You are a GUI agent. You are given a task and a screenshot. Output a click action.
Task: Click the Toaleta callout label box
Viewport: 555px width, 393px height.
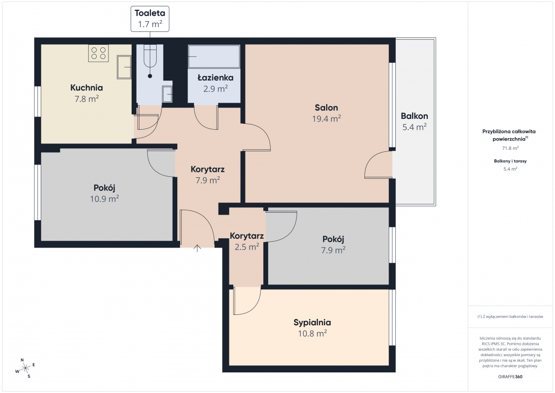(x=150, y=19)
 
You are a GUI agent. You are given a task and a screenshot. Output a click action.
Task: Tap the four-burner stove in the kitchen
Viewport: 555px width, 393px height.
(x=98, y=53)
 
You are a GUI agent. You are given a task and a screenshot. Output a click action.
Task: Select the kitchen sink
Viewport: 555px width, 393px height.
(x=124, y=67)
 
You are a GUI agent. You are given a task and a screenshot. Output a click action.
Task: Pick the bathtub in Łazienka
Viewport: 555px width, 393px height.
(x=214, y=56)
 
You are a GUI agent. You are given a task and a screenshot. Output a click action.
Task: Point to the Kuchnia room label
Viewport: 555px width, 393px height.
(x=87, y=88)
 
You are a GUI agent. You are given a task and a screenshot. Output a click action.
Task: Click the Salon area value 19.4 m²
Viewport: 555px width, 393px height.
(x=326, y=118)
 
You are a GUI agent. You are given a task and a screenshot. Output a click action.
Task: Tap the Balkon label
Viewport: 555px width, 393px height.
(x=415, y=116)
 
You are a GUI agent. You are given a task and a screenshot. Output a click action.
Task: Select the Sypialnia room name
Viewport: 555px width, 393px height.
(x=312, y=323)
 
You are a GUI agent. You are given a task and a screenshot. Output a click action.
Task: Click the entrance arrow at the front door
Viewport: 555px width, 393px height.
(x=197, y=248)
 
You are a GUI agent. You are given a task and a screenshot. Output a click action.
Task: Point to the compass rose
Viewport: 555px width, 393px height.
(x=25, y=368)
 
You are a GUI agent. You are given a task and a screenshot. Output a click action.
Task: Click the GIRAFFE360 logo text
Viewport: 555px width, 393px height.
(x=510, y=377)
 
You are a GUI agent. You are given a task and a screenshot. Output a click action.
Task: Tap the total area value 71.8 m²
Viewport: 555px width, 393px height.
(x=510, y=148)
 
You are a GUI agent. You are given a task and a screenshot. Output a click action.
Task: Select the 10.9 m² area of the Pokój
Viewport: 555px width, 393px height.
(x=105, y=198)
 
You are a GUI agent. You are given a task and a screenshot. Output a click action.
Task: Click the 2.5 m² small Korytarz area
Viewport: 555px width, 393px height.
(x=247, y=247)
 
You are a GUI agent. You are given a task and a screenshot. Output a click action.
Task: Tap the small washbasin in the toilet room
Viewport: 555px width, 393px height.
(x=167, y=94)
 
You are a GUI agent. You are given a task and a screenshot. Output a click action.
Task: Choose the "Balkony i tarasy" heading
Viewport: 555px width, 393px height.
(x=510, y=161)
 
